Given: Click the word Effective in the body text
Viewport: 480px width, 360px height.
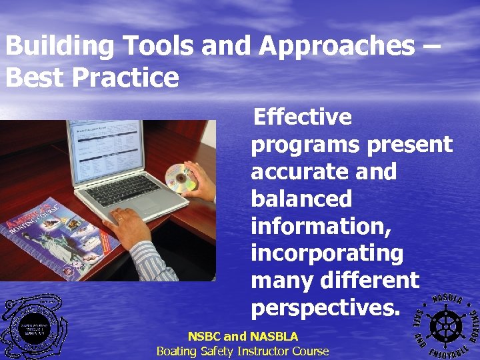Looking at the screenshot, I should [303, 117].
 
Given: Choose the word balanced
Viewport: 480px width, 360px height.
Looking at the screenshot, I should [301, 199].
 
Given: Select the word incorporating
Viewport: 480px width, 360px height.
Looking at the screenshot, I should [327, 254].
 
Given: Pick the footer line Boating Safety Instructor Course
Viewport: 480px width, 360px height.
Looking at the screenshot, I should [243, 351].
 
